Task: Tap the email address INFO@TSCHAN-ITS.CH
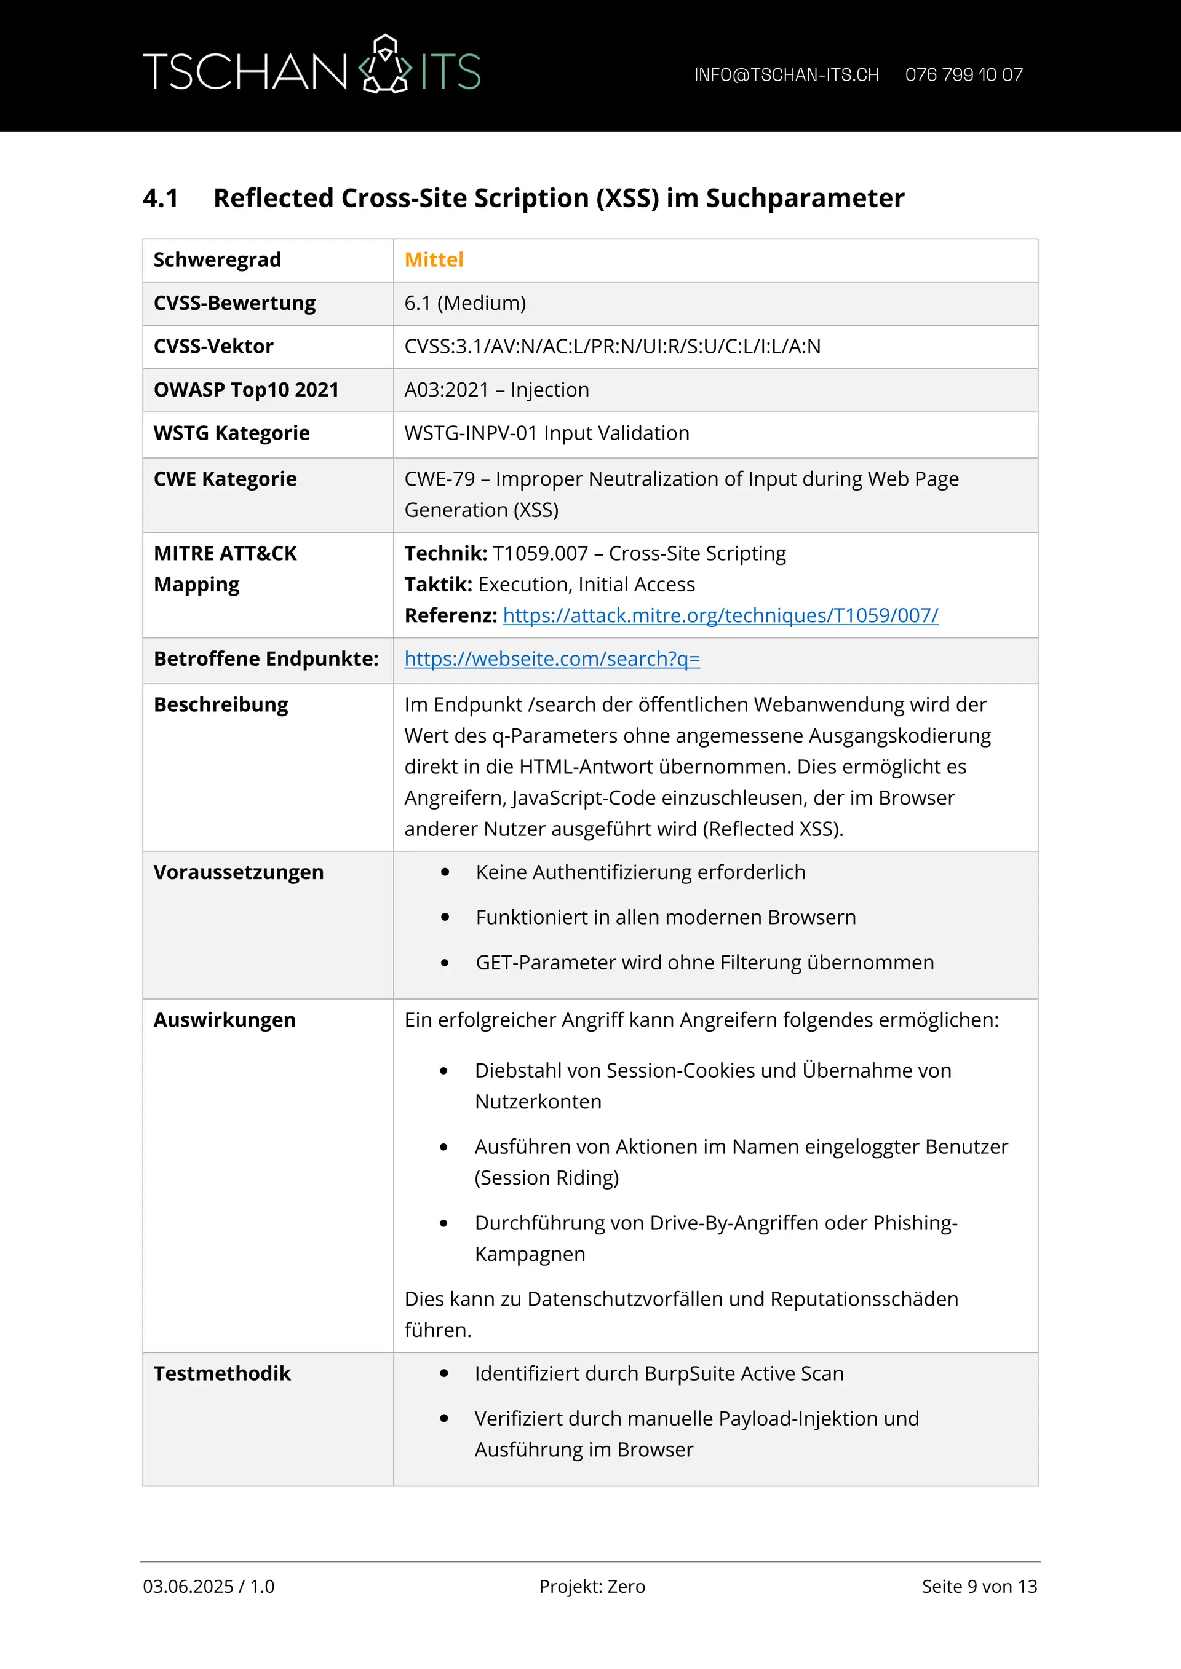click(786, 75)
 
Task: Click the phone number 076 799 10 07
click(964, 75)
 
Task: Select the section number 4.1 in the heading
click(161, 199)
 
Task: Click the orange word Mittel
click(434, 260)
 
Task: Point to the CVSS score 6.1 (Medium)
click(464, 303)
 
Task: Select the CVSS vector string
click(612, 347)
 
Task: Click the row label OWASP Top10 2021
click(246, 390)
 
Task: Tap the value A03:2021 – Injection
click(496, 390)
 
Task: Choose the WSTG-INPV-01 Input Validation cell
click(546, 433)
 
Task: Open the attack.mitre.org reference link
click(720, 616)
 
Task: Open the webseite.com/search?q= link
click(552, 660)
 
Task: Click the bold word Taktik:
click(438, 585)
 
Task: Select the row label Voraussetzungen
click(239, 872)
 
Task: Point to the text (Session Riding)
click(546, 1178)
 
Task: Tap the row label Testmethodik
click(222, 1374)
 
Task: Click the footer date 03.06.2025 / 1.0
click(209, 1586)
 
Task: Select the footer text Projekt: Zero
click(592, 1586)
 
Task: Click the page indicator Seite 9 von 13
click(979, 1586)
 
